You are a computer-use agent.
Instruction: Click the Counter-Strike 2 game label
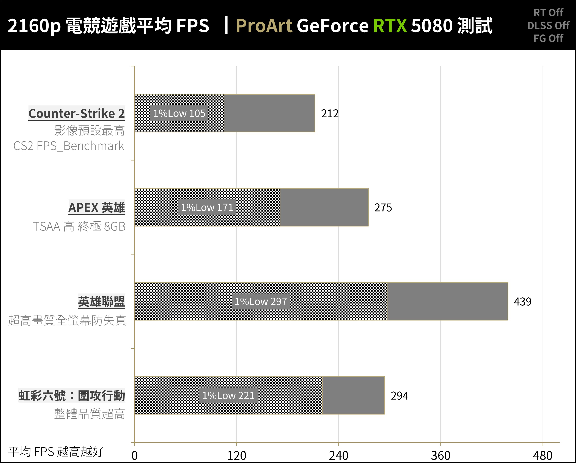coord(77,113)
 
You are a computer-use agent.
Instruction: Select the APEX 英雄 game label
coord(97,207)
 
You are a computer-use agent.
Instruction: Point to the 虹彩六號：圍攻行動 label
coord(72,396)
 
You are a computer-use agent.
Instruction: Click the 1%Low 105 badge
coord(179,113)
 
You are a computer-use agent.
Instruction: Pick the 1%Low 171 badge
coord(207,207)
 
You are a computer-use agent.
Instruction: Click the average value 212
coord(330,114)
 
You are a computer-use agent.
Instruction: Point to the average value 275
coord(383,208)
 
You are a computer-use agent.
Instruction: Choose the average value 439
coord(522,302)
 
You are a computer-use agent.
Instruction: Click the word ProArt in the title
coord(264,26)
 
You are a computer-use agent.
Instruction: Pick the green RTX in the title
coord(390,26)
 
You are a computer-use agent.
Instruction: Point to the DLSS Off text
coord(548,26)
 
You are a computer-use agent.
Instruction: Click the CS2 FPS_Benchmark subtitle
coord(69,146)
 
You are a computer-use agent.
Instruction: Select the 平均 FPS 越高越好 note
coord(56,452)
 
